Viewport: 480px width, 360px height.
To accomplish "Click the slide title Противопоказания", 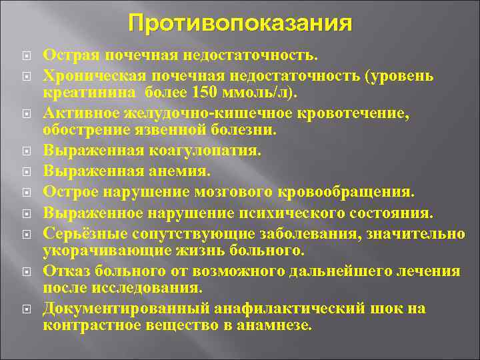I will pos(240,24).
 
